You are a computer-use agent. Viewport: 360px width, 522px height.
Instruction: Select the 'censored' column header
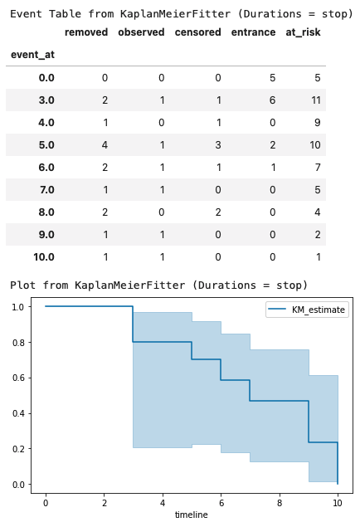197,32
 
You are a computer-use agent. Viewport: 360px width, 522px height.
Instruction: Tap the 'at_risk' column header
303,32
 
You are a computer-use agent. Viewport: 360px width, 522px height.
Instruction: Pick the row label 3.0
46,100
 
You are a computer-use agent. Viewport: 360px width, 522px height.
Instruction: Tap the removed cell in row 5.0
105,144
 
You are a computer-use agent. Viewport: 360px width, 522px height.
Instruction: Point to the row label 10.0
43,256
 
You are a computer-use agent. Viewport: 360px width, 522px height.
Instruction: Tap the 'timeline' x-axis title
192,515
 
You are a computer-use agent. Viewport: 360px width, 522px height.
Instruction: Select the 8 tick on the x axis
280,502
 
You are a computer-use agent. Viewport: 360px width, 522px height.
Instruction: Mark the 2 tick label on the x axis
104,502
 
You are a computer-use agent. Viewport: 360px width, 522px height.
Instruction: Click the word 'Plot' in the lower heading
24,285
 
